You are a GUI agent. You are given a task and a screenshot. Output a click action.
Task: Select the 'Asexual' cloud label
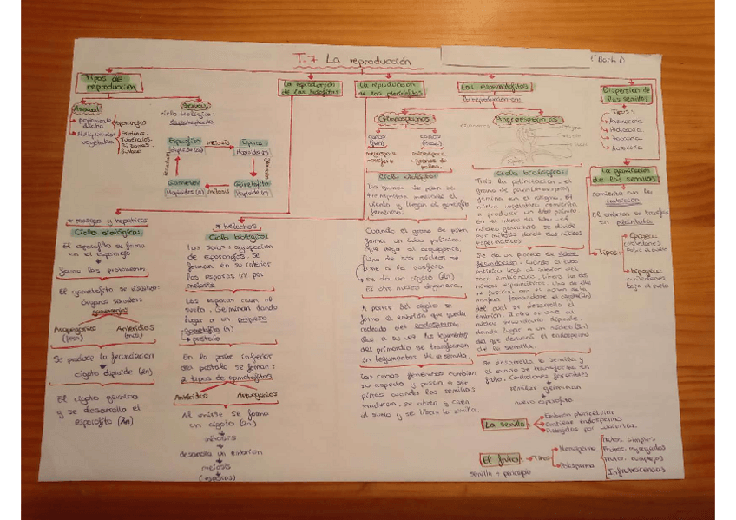86,108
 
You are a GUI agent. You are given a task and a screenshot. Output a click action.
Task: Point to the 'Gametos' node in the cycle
183,183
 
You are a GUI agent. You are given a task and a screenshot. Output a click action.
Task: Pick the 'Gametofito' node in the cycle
252,183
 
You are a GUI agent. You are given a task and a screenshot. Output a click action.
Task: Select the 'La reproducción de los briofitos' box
309,88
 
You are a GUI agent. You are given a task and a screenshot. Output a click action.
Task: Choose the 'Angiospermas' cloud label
524,119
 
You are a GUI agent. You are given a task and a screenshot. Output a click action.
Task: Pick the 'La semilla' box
505,425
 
